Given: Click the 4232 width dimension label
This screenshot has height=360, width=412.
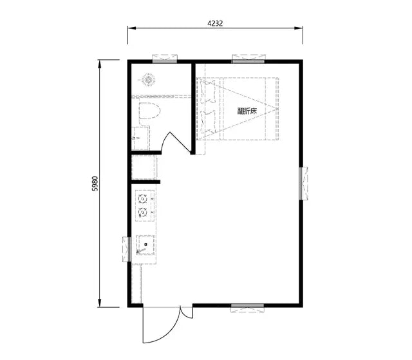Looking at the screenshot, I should pos(215,23).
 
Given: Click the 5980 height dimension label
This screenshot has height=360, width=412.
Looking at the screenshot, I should pos(95,184).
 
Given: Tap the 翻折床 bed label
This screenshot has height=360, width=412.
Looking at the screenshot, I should pos(247,111).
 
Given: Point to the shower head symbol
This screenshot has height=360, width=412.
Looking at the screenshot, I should pos(149,81).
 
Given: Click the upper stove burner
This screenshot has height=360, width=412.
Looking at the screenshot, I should pos(143,198).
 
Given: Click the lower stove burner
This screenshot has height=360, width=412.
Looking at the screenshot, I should pos(143,212).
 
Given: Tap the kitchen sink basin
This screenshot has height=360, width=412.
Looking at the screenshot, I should pos(147,245).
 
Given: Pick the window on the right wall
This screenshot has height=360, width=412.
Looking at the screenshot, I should pos(303,183).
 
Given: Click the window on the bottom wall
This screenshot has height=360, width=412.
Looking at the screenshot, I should pos(247,307).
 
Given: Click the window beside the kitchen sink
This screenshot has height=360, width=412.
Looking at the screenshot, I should pos(127,249).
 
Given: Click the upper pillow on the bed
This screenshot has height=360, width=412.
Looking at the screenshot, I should pos(207,91).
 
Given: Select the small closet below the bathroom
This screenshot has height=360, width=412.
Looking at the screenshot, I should pos(144,168).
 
